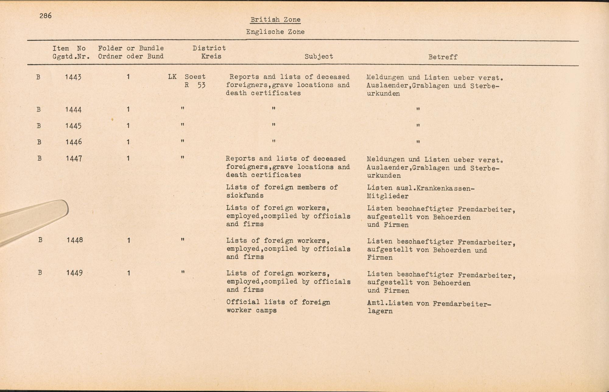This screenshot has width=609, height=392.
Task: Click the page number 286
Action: (45, 16)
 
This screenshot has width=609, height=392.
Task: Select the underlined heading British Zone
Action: (275, 20)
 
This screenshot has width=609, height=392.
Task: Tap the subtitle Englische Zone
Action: (275, 32)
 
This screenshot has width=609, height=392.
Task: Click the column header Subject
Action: (319, 57)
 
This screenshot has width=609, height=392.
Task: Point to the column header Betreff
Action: (443, 57)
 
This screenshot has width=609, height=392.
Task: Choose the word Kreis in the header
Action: (211, 56)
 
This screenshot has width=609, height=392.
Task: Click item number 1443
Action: (73, 77)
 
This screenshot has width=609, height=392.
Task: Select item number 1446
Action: (73, 142)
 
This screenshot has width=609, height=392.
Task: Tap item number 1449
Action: (74, 273)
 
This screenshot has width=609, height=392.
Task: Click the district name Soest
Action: (195, 77)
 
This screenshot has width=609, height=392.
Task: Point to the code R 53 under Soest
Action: (195, 85)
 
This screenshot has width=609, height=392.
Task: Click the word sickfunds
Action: (245, 196)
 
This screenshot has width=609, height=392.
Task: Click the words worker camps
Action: (252, 311)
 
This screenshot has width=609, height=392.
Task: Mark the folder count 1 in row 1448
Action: (128, 240)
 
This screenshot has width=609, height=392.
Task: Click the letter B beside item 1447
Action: (39, 158)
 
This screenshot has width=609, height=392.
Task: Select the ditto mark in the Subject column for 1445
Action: (274, 125)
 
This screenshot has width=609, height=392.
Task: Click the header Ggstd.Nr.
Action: (71, 57)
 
